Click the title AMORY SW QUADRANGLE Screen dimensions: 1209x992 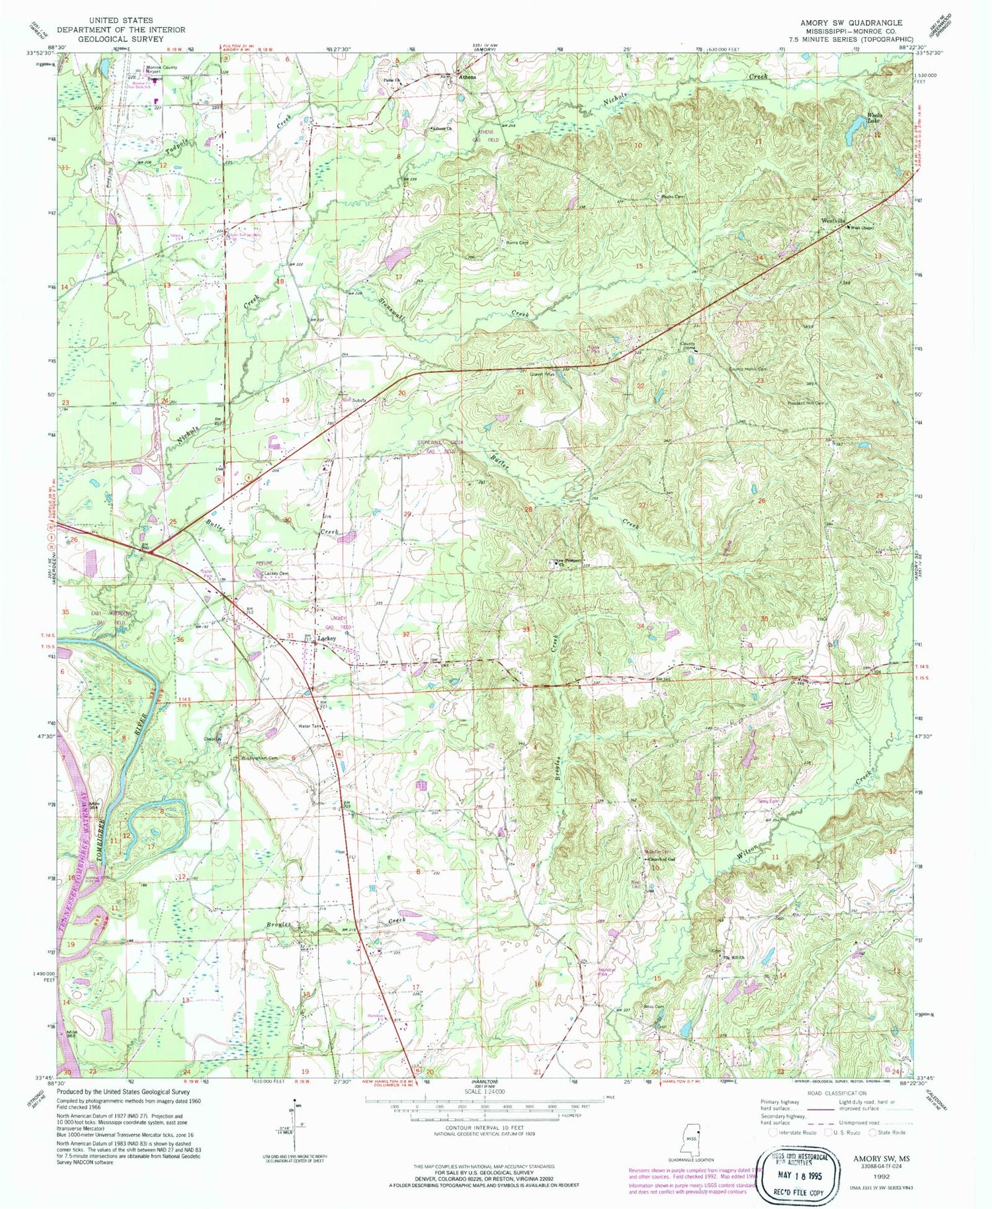pos(852,22)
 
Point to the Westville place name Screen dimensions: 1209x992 pos(833,220)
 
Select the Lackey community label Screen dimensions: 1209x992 pos(327,638)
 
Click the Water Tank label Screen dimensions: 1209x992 pos(310,726)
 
